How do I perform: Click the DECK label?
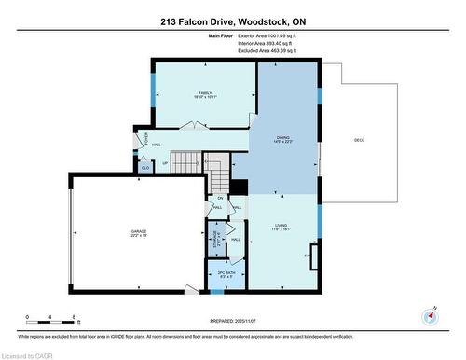click(x=359, y=140)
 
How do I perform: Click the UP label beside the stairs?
click(x=166, y=163)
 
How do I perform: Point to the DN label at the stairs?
click(x=221, y=198)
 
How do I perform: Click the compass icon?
click(x=431, y=314)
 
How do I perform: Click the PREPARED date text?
click(x=232, y=322)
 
